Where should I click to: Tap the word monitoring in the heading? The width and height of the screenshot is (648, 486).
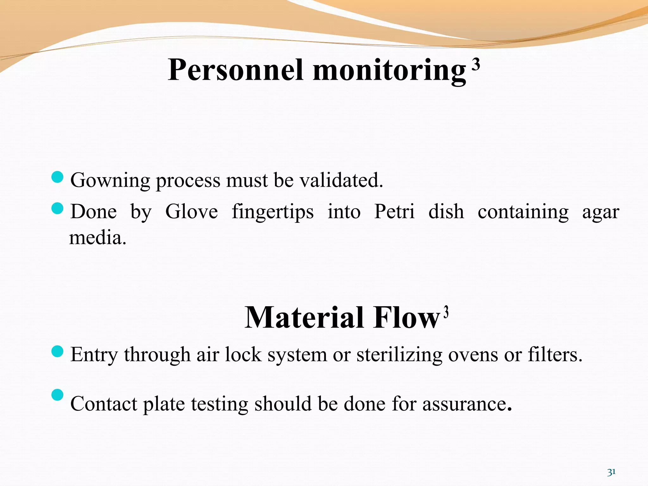[x=389, y=70]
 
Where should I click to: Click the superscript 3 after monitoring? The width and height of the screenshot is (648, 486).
[x=476, y=65]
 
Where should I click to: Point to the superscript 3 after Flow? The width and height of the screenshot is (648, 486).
[x=446, y=312]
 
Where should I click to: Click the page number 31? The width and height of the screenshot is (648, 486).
[x=611, y=472]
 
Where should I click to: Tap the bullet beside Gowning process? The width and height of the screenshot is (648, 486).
[x=57, y=177]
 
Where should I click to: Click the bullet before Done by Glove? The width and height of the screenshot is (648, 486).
[x=57, y=209]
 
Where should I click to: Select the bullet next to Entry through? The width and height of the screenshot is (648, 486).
[x=57, y=351]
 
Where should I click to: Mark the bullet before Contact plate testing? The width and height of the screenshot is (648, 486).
[x=57, y=395]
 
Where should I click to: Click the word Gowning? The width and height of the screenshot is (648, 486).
[x=110, y=180]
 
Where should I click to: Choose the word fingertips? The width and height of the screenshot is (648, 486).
[x=273, y=212]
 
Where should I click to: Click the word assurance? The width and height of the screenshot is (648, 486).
[x=467, y=404]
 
